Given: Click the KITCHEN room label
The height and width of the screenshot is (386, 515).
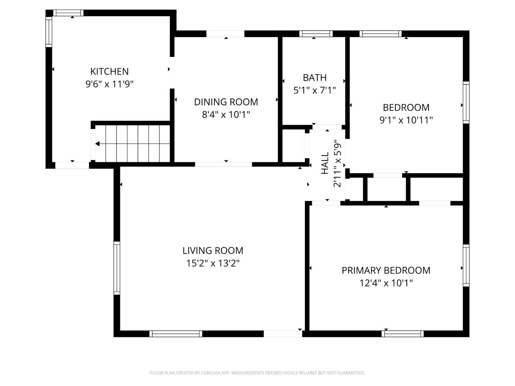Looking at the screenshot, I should (x=110, y=71).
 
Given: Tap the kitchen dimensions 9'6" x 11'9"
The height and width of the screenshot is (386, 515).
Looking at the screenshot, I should (x=110, y=84).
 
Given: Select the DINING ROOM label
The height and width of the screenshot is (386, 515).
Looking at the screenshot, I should (x=226, y=102).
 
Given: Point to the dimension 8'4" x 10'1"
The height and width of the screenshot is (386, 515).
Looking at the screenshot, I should (x=226, y=114).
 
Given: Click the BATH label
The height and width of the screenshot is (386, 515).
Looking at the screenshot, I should (x=314, y=78).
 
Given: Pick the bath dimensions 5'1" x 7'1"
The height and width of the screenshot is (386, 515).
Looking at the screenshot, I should (x=314, y=90).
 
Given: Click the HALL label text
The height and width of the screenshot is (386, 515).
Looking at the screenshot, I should (x=325, y=163).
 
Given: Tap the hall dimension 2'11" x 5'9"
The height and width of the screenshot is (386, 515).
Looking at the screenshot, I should (x=337, y=163).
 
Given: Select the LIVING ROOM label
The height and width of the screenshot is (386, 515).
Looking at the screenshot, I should (x=213, y=250).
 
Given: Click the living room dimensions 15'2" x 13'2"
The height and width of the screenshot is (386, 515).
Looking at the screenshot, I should (x=213, y=263).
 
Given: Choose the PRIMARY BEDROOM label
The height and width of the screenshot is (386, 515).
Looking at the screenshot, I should (x=386, y=270).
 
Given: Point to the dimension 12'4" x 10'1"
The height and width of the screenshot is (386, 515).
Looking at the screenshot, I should (x=386, y=283).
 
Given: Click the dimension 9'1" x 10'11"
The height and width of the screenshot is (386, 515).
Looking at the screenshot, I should (x=406, y=120).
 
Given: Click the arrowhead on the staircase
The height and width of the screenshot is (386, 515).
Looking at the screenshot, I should (x=98, y=144).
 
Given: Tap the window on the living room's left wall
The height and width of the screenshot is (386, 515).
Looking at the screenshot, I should (x=117, y=268).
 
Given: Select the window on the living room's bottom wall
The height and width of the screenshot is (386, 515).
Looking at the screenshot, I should (x=176, y=334).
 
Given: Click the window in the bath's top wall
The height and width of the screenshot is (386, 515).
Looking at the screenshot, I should (x=316, y=34).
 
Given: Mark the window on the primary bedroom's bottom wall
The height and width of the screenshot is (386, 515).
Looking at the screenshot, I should (x=402, y=334).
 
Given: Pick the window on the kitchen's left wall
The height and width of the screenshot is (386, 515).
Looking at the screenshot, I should (x=49, y=32).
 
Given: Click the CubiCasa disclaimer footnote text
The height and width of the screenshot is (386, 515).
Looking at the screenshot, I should (x=257, y=373).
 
